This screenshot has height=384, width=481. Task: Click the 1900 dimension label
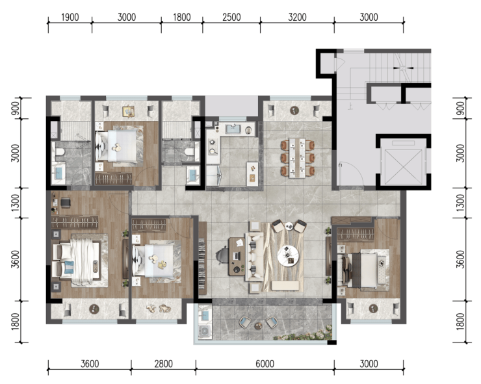[x=70, y=17]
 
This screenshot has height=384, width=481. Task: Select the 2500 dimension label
[x=231, y=17]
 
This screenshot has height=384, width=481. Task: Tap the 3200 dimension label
[x=297, y=17]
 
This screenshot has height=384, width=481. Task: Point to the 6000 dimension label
[x=265, y=364]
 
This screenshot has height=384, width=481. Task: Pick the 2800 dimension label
[x=164, y=364]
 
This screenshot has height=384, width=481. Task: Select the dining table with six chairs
[x=297, y=158]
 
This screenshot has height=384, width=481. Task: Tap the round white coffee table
[x=288, y=255]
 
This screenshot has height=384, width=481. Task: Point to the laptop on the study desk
[x=236, y=255]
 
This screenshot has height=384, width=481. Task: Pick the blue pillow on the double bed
[x=69, y=267]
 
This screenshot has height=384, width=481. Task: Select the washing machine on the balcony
[x=203, y=331]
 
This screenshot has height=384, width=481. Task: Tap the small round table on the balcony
[x=258, y=326]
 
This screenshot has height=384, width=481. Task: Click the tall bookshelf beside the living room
[x=202, y=258]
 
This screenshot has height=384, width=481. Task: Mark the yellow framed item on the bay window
[x=128, y=111]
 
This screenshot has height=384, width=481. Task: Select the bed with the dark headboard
[x=363, y=269]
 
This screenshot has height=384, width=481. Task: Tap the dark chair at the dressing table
[x=66, y=203]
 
